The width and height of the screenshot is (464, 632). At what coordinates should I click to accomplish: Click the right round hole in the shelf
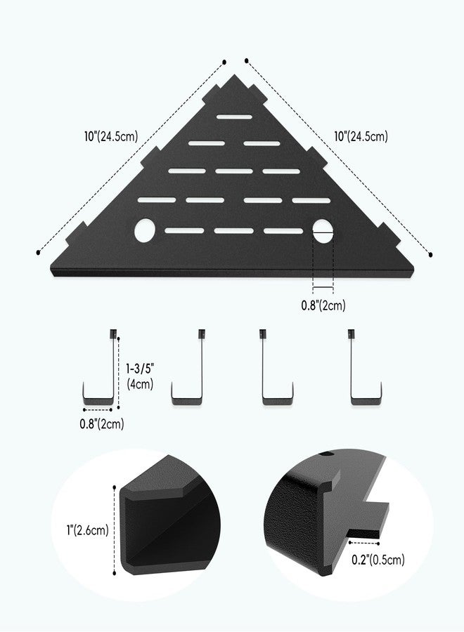coord(323,231)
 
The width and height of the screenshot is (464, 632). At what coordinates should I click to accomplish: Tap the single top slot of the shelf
coord(234,117)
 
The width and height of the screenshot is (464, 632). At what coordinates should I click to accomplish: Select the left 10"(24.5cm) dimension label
coord(111,136)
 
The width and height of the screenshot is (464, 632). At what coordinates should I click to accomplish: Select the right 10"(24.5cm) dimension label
coord(361,136)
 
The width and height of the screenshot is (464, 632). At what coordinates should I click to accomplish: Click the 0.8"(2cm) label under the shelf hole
coord(323,305)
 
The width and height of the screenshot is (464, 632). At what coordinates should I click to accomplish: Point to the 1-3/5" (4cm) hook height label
coord(140,376)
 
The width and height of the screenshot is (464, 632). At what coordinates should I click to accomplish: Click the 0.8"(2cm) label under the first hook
coord(102,423)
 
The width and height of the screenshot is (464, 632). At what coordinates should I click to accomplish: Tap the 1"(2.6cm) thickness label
coord(88,530)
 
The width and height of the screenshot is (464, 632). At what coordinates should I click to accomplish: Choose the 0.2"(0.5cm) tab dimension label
coord(378,560)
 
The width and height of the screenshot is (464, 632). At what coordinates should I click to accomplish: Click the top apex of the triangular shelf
coord(234,74)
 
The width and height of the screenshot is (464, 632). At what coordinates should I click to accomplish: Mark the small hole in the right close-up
coord(326,454)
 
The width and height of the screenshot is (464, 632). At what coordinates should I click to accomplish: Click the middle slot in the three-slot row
coord(234,171)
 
